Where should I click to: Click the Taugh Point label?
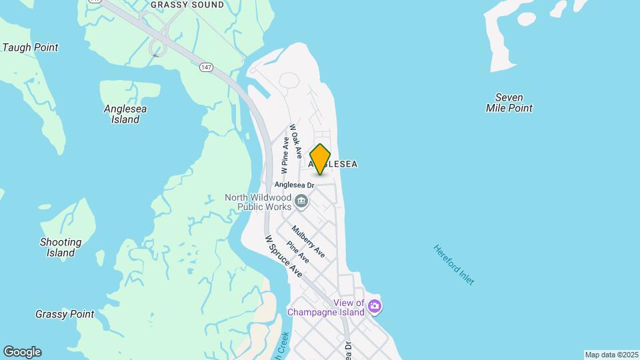(x=31, y=47)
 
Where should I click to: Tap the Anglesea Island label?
(x=125, y=114)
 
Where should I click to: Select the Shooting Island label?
(x=61, y=247)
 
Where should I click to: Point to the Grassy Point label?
(x=65, y=314)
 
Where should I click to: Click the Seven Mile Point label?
(x=509, y=103)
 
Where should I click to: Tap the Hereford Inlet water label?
(x=454, y=265)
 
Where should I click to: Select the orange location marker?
(x=321, y=159)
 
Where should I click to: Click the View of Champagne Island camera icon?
(x=375, y=307)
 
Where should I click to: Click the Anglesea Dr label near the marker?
(x=295, y=185)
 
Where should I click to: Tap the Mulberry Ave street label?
(x=309, y=241)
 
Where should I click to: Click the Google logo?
(x=22, y=352)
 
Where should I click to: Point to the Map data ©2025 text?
(x=611, y=355)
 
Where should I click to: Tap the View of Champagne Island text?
(x=326, y=307)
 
